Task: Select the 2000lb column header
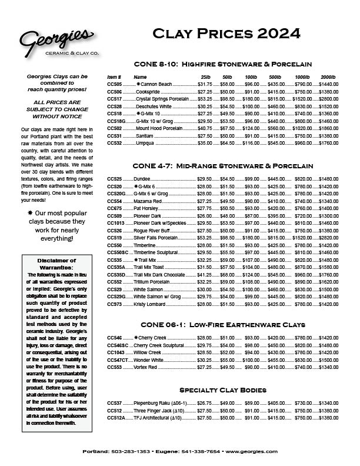point(328,77)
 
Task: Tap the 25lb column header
point(205,77)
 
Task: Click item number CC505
point(114,85)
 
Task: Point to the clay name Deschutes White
point(154,106)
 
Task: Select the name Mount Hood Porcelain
point(158,128)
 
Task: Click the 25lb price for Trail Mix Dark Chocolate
point(204,274)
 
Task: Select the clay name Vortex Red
point(145,367)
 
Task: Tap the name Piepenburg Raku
point(153,403)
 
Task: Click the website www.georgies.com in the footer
point(251,451)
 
